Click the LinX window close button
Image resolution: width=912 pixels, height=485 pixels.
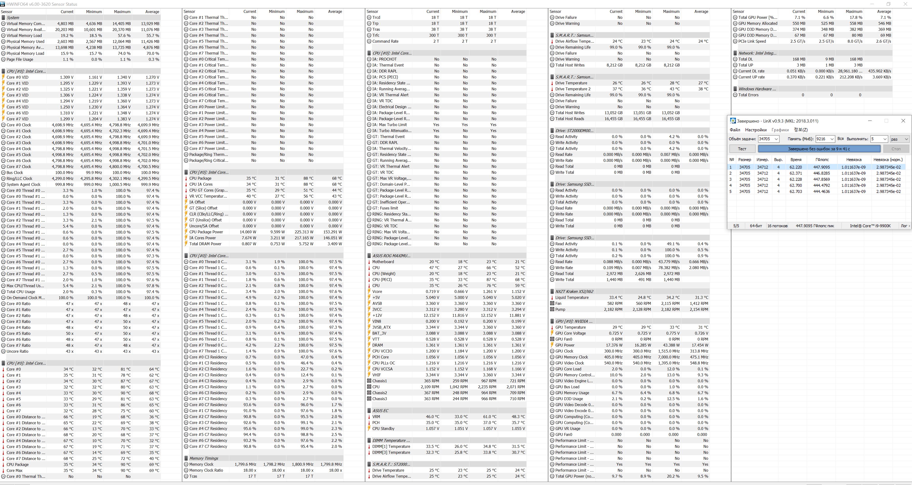click(x=903, y=121)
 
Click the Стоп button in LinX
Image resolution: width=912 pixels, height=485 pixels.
click(x=896, y=149)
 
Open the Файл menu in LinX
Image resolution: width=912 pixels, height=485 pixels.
click(x=735, y=130)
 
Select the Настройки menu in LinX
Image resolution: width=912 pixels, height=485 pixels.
click(x=755, y=130)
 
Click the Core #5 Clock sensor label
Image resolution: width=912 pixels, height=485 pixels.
click(x=19, y=155)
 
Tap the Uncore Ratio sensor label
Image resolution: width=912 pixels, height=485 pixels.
click(x=17, y=352)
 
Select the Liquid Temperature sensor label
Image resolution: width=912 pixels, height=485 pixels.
click(x=572, y=298)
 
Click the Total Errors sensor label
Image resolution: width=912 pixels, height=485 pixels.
click(x=748, y=95)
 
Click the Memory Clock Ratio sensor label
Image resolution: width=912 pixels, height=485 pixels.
click(x=206, y=470)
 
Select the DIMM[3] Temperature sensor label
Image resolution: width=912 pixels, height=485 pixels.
click(x=391, y=452)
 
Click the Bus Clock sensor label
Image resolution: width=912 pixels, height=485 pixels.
click(x=15, y=173)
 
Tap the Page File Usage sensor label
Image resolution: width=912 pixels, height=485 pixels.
click(x=20, y=60)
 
